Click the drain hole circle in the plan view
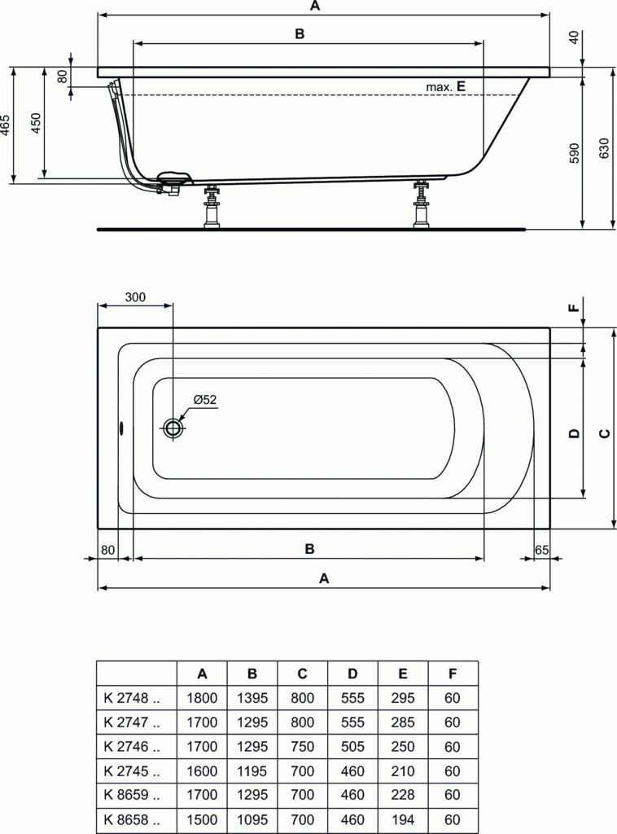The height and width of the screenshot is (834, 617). coord(173,428)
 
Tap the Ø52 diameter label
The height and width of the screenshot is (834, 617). coord(204,399)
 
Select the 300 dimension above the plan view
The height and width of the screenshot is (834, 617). coord(135,297)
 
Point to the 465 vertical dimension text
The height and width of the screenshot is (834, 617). coord(6,126)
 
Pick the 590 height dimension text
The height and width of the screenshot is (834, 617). coord(573,153)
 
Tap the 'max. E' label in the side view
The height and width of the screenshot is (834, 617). coord(444,86)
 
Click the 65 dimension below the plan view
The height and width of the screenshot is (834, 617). coord(542,549)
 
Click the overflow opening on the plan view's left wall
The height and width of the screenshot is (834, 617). coord(121,428)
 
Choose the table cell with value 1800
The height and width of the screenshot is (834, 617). coord(202,698)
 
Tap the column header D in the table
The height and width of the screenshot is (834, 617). coord(352,674)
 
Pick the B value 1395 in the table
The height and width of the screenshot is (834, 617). coord(252,698)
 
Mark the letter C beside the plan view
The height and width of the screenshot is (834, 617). coord(603,433)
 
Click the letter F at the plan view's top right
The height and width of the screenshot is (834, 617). coord(573,309)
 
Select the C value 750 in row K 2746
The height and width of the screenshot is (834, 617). coord(302,747)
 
